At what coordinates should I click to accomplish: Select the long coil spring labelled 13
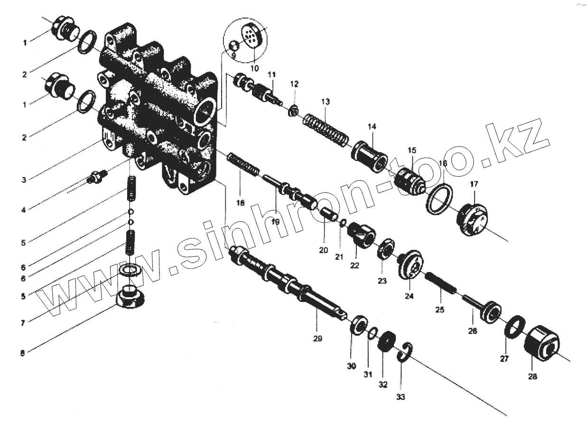click(326, 129)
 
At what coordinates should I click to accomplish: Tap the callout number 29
click(317, 339)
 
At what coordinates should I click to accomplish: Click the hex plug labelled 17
click(473, 221)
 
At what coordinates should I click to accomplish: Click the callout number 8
click(23, 352)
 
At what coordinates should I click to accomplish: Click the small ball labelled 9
click(233, 46)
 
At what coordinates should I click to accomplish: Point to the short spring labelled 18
click(243, 164)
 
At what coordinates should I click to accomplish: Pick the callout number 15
click(411, 150)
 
